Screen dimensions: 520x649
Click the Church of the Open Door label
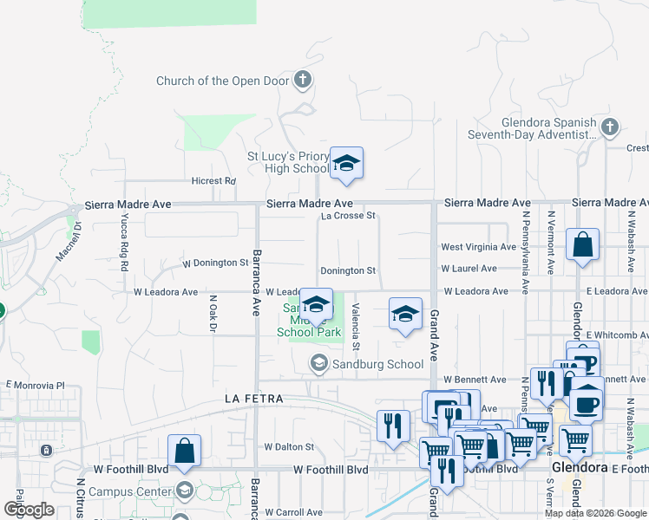click(x=222, y=81)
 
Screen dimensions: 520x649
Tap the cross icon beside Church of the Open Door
click(x=303, y=81)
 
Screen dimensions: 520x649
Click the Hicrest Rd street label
click(x=213, y=181)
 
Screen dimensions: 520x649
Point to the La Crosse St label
click(x=347, y=216)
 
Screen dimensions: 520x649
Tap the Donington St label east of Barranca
click(x=347, y=270)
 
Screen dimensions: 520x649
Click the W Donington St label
click(x=215, y=263)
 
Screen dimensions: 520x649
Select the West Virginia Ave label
click(x=478, y=247)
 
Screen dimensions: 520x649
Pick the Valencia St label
click(x=356, y=322)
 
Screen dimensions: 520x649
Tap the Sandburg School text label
click(x=377, y=364)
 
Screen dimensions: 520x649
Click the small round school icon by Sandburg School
click(x=319, y=363)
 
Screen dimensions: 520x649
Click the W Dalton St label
click(x=288, y=446)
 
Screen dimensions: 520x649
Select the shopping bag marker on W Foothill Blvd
click(x=184, y=451)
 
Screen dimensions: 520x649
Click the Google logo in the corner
click(x=29, y=509)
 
